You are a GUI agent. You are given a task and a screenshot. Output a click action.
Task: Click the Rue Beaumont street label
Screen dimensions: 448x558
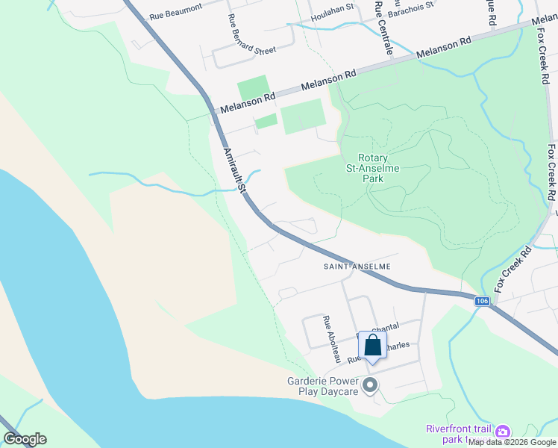click(x=176, y=8)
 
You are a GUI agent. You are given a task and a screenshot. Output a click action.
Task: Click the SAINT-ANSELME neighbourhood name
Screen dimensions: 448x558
click(x=357, y=267)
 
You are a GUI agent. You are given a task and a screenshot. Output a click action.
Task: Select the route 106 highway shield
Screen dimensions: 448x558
click(x=481, y=300)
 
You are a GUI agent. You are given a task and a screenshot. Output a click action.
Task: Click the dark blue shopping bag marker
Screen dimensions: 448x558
click(x=372, y=346)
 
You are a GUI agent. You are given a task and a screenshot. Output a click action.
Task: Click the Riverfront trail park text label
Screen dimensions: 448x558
click(x=458, y=434)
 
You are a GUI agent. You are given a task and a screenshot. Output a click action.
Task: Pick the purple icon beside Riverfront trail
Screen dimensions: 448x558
click(x=503, y=432)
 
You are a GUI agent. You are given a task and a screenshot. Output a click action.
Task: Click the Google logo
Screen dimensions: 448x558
click(x=25, y=439)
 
